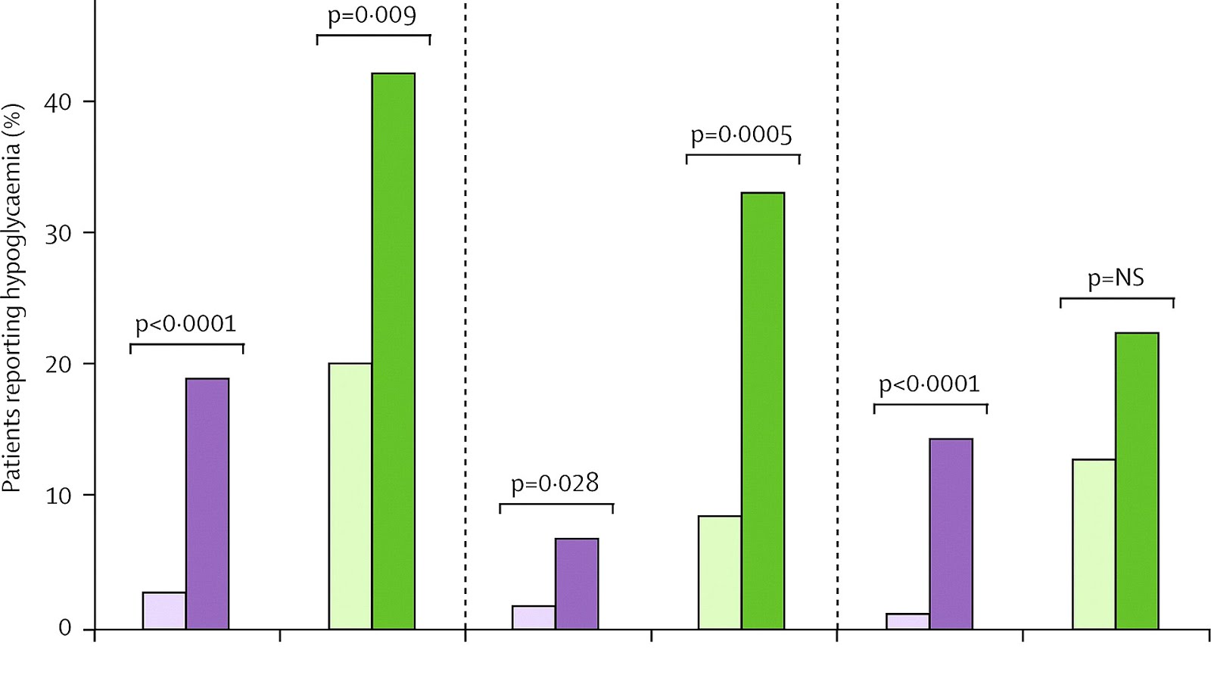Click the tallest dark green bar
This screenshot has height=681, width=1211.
(393, 351)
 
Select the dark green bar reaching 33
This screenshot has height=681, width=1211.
(762, 411)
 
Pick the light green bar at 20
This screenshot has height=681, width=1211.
(350, 496)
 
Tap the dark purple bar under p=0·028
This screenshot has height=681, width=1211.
(576, 583)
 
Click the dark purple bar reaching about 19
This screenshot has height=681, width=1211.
(207, 503)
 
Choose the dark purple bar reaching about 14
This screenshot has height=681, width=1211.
(951, 533)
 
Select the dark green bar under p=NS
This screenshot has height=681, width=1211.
(1136, 480)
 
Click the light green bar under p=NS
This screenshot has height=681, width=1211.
(1093, 544)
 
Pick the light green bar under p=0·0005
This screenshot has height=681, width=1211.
(719, 572)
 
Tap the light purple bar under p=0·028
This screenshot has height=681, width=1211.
(533, 617)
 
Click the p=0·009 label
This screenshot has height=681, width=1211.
(372, 16)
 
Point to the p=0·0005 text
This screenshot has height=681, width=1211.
(741, 135)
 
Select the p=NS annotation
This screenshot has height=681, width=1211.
(1116, 278)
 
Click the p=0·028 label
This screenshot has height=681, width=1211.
(555, 483)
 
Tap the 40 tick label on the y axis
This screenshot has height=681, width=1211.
(58, 102)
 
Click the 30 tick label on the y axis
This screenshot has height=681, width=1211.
(58, 233)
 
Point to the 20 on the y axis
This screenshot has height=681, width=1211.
(58, 365)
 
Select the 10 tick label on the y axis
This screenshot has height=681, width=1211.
(58, 496)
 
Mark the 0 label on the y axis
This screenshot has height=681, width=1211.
(65, 627)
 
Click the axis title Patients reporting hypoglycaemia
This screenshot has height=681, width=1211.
(14, 297)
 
